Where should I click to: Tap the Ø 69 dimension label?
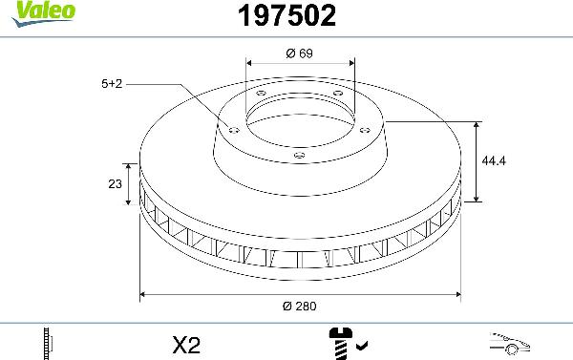301,53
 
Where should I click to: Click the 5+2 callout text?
112,84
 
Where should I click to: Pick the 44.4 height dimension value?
494,161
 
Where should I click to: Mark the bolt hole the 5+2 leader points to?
232,129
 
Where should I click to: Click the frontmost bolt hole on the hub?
299,154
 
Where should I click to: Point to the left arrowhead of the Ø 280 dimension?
144,294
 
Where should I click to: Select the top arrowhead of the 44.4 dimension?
477,125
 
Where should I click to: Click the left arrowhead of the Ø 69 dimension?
249,66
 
